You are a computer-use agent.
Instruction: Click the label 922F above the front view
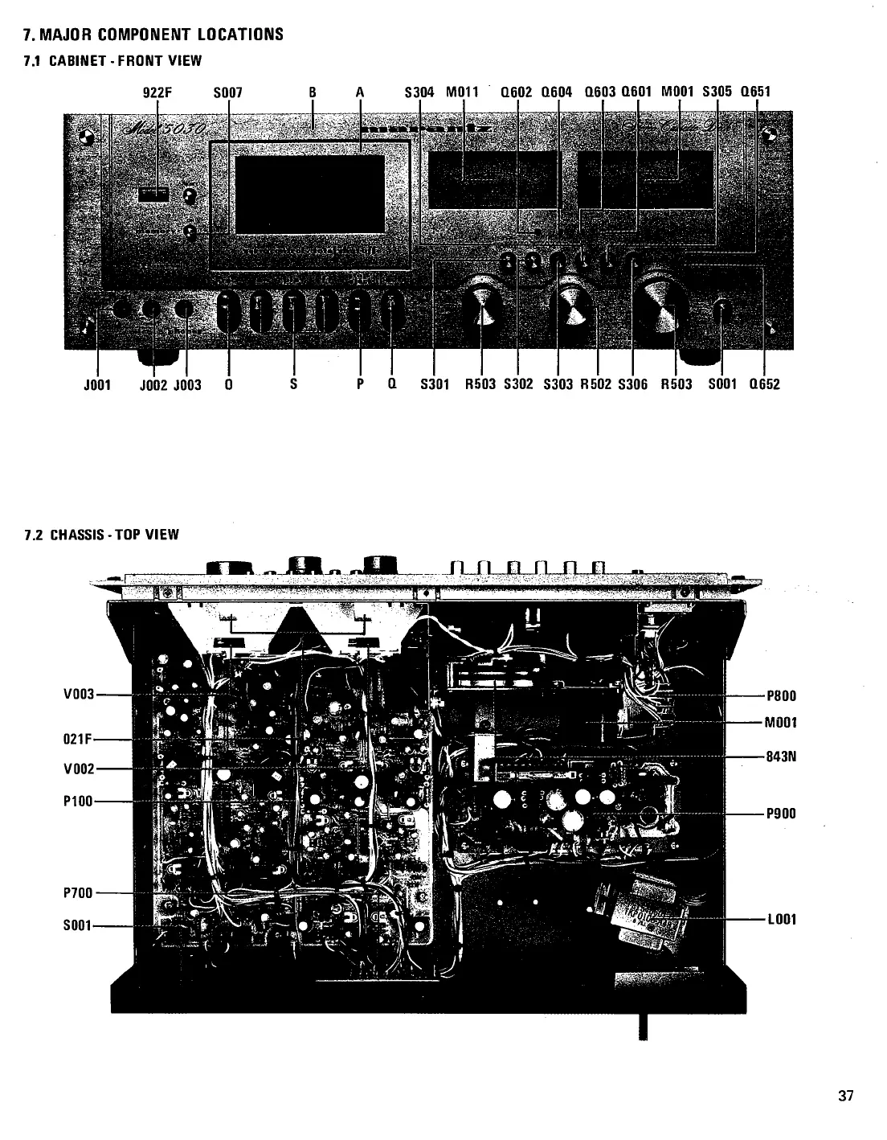coord(157,92)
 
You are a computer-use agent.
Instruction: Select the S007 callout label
coord(227,92)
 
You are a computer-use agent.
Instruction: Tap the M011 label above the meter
coord(462,92)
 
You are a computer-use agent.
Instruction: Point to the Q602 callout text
coord(516,92)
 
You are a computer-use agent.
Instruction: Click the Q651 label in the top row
coord(755,92)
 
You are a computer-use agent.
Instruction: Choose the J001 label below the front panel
coord(97,384)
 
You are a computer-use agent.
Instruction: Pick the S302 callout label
coord(518,384)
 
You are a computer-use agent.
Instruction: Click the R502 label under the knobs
coord(596,384)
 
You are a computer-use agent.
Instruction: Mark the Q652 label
coord(764,384)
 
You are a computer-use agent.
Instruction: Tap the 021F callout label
coord(77,743)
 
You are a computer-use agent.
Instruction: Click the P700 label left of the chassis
coord(78,892)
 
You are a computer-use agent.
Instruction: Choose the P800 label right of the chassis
coord(781,696)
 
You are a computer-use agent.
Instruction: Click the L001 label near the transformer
coord(781,919)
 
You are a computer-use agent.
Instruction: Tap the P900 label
coord(781,814)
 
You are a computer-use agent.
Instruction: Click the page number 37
coord(845,1095)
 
